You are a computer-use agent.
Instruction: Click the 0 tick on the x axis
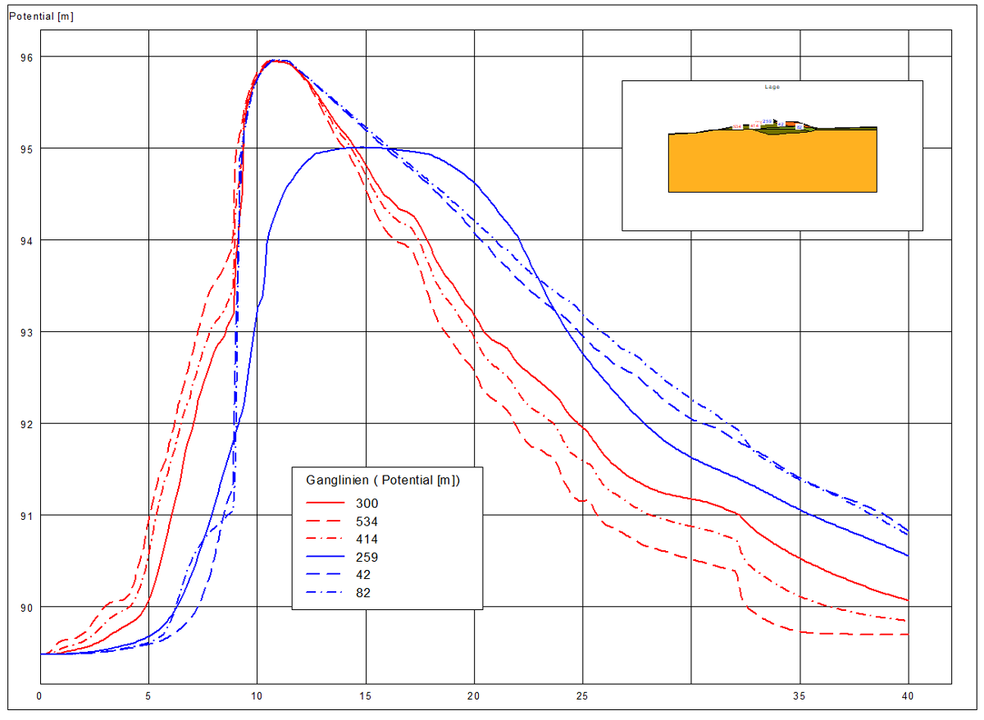39,696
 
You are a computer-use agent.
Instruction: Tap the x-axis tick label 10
257,696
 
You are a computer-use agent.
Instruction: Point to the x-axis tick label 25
582,696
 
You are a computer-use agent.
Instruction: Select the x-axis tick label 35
799,696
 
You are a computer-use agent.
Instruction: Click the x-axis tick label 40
908,696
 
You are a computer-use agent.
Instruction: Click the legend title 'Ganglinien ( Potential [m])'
383,481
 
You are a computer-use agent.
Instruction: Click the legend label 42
364,575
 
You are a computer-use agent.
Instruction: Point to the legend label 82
364,593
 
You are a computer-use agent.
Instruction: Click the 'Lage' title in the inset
772,86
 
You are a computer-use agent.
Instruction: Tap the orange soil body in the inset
772,164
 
